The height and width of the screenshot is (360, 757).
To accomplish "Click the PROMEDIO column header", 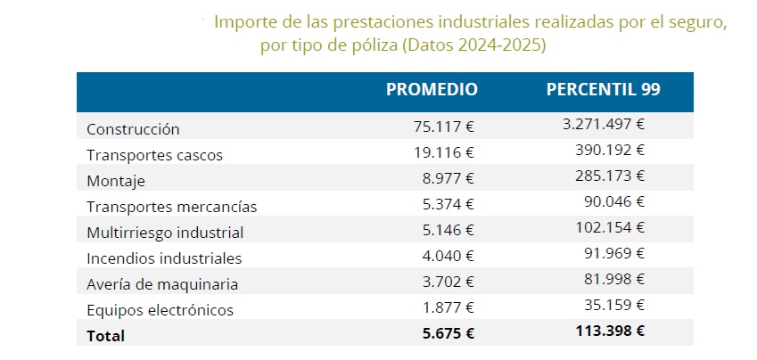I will point(432,89).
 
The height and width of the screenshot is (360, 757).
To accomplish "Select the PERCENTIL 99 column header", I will point(603,89).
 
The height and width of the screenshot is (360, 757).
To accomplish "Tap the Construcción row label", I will point(133,129).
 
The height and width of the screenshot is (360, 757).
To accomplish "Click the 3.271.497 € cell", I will point(603,125).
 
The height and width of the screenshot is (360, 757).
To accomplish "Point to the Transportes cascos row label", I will point(154,155).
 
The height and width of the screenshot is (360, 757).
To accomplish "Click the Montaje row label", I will point(115,181).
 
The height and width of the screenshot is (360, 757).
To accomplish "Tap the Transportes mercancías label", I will point(171,207).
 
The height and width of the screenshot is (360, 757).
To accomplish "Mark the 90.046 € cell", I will point(614,201).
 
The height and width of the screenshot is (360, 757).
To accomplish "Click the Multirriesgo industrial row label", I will point(165,233).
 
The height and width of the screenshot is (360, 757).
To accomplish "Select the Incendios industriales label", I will point(164,258).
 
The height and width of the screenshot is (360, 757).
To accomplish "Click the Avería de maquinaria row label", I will point(161,284).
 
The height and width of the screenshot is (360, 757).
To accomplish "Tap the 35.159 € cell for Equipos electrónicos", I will point(614,305).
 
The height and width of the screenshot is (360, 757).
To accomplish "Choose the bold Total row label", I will point(105,336).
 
